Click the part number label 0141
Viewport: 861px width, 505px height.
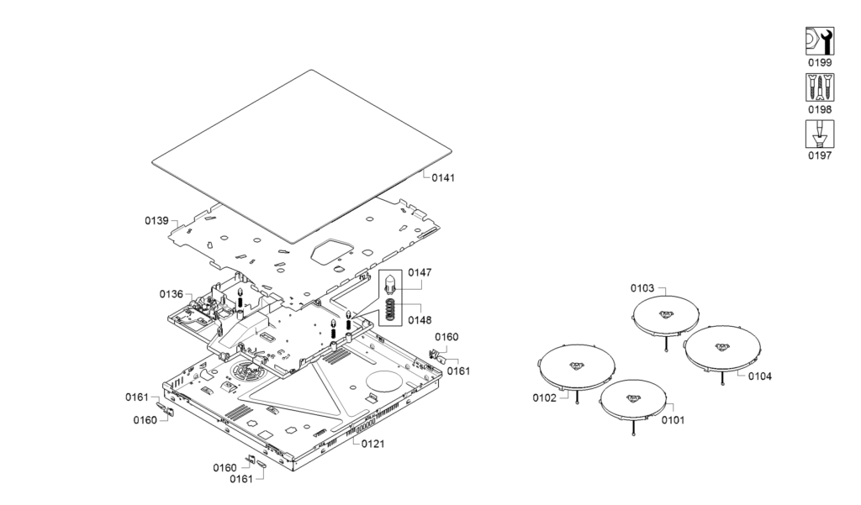click(444, 177)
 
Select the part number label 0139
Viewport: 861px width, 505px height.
click(156, 220)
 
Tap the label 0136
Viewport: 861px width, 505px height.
click(172, 294)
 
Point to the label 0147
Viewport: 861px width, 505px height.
click(420, 273)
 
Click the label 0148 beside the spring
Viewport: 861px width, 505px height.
click(420, 319)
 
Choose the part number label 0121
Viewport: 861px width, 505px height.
click(373, 443)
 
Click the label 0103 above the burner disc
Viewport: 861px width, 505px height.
click(642, 288)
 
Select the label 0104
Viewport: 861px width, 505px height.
click(759, 376)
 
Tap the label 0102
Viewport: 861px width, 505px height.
click(544, 397)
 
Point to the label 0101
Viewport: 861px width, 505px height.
click(673, 419)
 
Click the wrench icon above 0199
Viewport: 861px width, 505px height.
click(820, 41)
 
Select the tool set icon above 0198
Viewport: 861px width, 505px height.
click(820, 87)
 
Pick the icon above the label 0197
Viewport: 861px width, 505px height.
click(820, 134)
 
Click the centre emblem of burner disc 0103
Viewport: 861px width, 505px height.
click(666, 315)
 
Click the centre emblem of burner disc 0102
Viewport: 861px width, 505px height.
click(577, 366)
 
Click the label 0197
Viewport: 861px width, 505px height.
click(820, 155)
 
